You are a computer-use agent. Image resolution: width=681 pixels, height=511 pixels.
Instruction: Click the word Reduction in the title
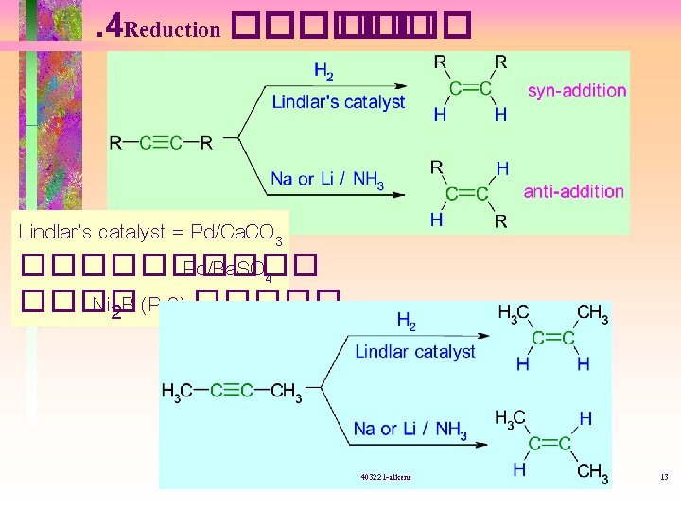[171, 29]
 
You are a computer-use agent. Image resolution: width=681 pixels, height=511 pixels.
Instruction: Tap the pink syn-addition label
[577, 90]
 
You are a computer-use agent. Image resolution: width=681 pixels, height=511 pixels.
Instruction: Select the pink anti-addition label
[574, 191]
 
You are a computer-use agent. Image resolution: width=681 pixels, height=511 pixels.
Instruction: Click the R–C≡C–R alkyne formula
[161, 143]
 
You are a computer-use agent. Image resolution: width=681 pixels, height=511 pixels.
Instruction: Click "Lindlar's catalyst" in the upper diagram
[338, 102]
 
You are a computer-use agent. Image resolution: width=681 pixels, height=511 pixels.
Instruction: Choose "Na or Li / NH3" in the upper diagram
[326, 179]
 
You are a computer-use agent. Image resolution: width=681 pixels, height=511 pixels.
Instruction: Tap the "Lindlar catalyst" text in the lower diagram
[415, 351]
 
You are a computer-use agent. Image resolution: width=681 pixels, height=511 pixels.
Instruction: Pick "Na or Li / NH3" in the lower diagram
[410, 430]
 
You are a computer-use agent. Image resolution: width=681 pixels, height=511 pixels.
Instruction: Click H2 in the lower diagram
[405, 323]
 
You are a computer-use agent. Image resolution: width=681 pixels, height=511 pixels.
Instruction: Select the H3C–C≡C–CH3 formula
[232, 391]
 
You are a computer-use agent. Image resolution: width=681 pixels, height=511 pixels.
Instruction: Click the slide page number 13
[664, 477]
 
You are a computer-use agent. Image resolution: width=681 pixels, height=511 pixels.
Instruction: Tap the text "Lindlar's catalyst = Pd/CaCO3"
[151, 232]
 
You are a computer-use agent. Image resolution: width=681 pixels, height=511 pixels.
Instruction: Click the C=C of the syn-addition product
[470, 89]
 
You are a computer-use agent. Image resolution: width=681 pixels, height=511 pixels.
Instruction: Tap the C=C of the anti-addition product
[467, 194]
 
